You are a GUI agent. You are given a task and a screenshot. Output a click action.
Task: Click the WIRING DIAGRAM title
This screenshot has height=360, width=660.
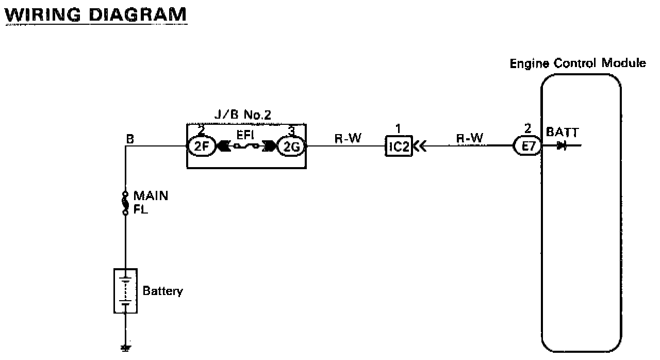[x=95, y=14]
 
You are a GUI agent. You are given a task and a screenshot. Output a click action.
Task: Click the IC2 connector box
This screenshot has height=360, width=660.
[x=399, y=146]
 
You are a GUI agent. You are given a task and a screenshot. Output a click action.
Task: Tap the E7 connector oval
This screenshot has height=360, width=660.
[x=527, y=146]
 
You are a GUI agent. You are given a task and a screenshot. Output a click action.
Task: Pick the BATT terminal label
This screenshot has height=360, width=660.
[x=563, y=133]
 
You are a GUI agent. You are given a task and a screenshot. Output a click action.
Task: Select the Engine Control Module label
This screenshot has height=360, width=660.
[x=577, y=63]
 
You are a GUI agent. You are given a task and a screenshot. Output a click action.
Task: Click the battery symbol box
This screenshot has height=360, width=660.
[x=125, y=290]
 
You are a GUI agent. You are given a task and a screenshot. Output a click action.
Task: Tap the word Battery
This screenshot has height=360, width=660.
[x=162, y=291]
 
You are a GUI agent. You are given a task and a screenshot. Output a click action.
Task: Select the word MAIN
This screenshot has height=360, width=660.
[x=151, y=196]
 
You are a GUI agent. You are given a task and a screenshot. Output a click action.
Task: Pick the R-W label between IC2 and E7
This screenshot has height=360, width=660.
[x=469, y=138]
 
